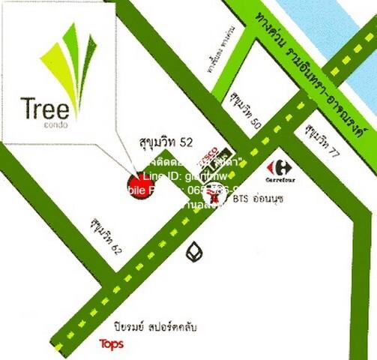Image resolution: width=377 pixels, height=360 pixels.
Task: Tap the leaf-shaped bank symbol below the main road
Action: click(x=195, y=250)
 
